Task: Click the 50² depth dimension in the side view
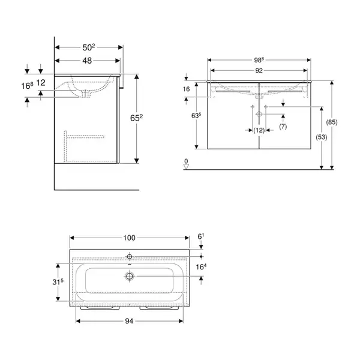click(89, 47)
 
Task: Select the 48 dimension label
click(87, 61)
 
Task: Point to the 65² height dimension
click(136, 118)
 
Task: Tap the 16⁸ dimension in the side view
click(28, 86)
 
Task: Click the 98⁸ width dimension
click(259, 60)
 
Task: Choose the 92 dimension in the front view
click(259, 70)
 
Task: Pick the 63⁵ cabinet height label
click(196, 115)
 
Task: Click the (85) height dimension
click(332, 122)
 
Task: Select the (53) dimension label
click(322, 137)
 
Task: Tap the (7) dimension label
click(283, 126)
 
